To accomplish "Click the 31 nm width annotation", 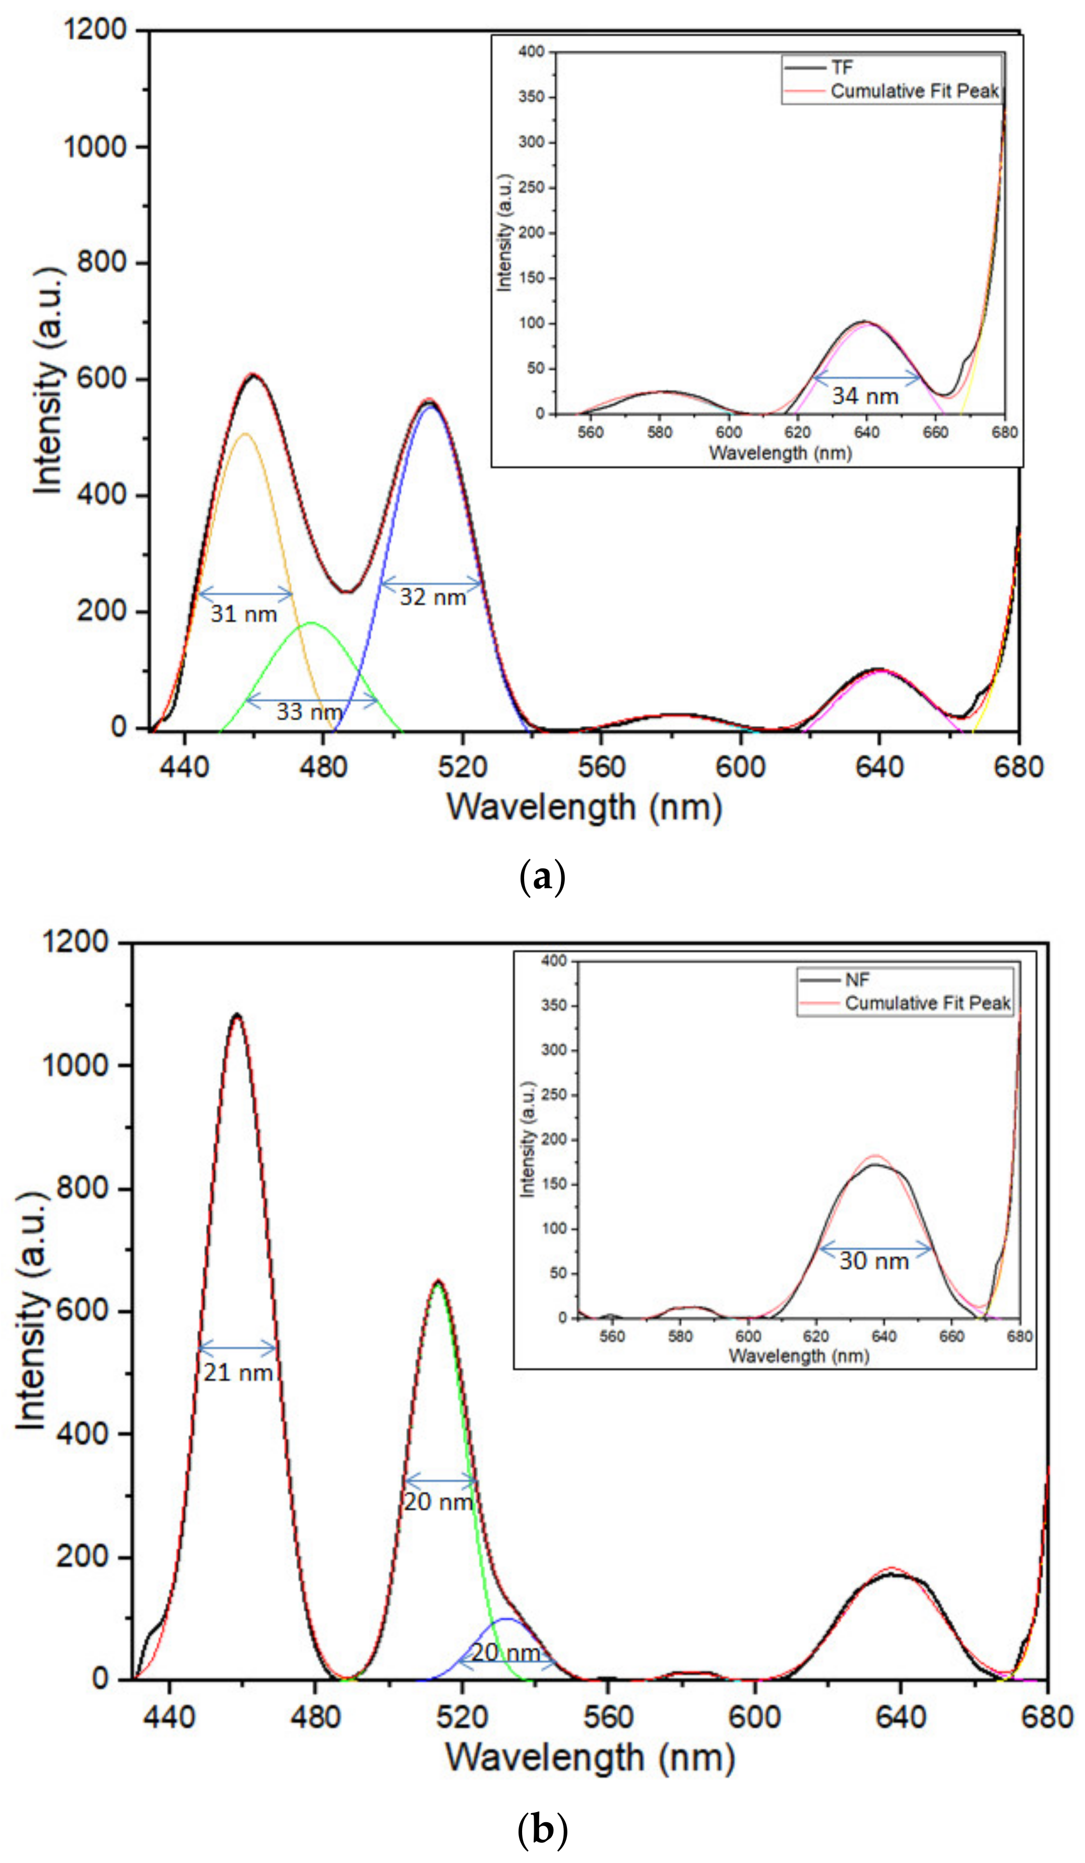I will tap(243, 614).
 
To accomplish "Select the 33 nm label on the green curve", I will tap(309, 711).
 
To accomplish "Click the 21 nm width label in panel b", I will tap(238, 1372).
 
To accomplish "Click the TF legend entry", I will tap(842, 68).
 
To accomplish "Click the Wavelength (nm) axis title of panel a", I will tap(584, 807).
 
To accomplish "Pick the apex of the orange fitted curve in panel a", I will tap(245, 434).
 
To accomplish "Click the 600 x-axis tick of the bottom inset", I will tap(748, 1336).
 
